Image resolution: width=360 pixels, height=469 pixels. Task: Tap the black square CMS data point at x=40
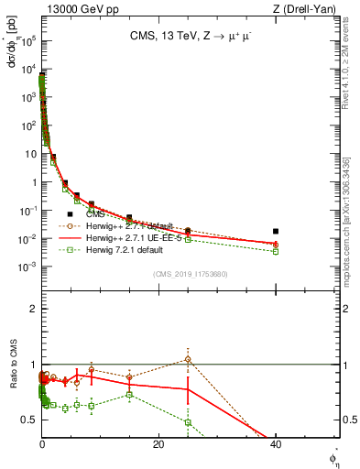(276, 232)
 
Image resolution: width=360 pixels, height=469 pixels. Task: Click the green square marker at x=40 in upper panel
(276, 251)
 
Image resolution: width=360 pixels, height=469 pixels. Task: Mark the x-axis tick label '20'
(158, 445)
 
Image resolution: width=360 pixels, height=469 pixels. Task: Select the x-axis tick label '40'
(276, 445)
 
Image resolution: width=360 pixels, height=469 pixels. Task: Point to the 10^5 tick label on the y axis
(27, 41)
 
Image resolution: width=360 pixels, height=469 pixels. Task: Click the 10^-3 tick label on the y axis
(27, 267)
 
